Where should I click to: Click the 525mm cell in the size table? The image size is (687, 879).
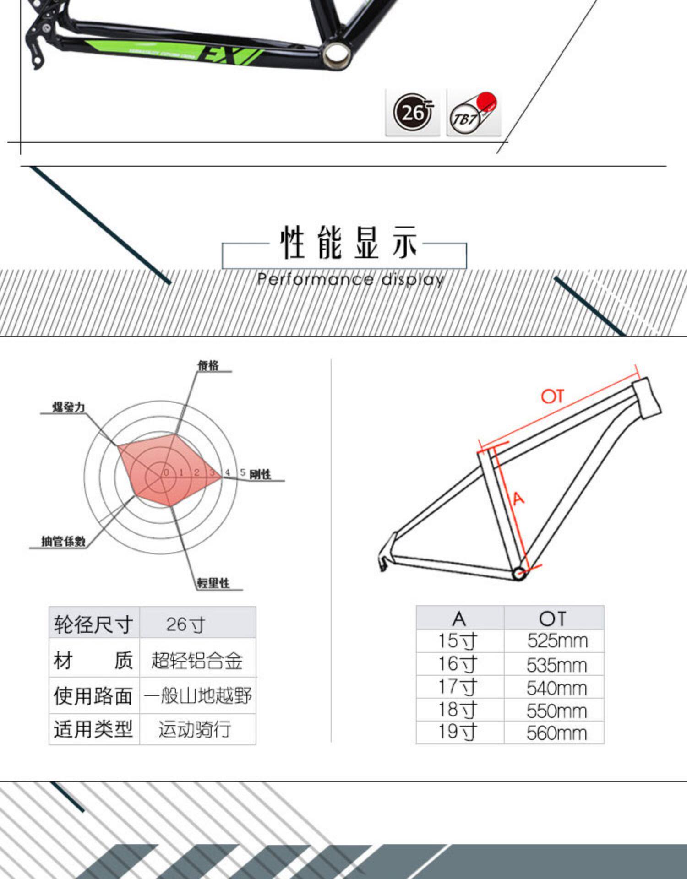pos(557,640)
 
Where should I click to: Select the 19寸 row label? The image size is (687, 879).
pos(458,732)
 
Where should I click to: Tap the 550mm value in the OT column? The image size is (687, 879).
pos(556,711)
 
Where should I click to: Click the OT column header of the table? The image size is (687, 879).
pos(553,619)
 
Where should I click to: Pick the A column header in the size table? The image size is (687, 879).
pos(459,619)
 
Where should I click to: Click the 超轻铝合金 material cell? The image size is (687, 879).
pos(197,661)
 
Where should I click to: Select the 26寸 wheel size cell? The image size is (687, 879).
pos(185,624)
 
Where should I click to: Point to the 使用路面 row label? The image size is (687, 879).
pos(93,696)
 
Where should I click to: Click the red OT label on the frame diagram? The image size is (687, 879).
pos(552,396)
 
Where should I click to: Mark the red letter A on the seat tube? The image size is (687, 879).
pos(518,498)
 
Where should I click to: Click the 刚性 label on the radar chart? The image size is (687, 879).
pos(260,474)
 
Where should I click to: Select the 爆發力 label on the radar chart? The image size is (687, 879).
pos(69,407)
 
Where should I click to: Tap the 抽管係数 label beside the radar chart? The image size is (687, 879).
pos(63,541)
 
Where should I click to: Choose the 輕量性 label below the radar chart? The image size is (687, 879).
pos(213,583)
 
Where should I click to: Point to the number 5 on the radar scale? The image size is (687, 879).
pos(242,472)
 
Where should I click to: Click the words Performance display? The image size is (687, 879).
pos(350,279)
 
